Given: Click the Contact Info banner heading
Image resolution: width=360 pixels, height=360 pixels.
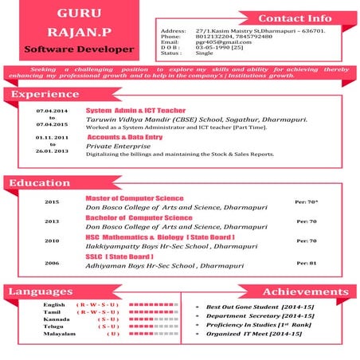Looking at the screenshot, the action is click(295, 18).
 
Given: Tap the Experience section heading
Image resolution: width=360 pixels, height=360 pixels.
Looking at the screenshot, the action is click(38, 95).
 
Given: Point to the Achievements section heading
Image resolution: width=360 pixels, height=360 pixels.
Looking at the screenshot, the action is click(305, 292).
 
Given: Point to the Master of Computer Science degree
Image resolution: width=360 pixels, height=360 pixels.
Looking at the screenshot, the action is click(134, 198).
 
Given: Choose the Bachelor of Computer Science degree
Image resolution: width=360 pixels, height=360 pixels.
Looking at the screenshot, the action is click(138, 217).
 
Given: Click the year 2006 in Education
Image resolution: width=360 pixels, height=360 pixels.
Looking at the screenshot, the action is click(52, 262).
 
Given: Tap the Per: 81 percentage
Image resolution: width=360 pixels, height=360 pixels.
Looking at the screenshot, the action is click(307, 263).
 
